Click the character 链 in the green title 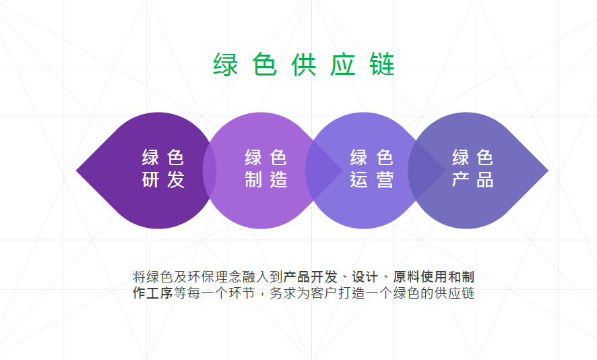click(x=382, y=65)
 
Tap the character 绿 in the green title click(x=226, y=65)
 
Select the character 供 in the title click(x=304, y=65)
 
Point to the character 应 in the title click(x=343, y=65)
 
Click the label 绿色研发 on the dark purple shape click(x=163, y=169)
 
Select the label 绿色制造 click(x=266, y=169)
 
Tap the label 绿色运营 click(x=371, y=169)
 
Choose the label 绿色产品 click(x=473, y=169)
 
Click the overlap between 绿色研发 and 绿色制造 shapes click(x=210, y=171)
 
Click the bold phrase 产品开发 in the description click(x=310, y=277)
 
